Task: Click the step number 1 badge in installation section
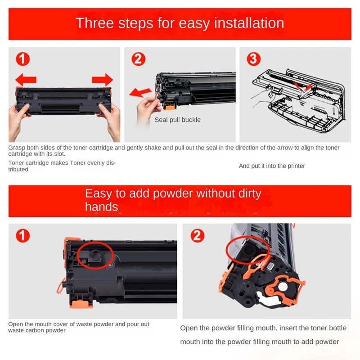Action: (23, 59)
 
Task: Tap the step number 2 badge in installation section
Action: (139, 59)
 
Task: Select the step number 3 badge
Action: (254, 59)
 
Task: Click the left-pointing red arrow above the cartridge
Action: (26, 80)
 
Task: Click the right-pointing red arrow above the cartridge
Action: (103, 80)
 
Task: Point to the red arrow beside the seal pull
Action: (140, 92)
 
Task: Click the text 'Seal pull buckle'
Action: (177, 120)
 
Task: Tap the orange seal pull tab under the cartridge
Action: (170, 106)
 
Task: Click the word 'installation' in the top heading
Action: (249, 23)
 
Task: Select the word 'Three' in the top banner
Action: (94, 23)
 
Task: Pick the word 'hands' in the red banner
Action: (102, 207)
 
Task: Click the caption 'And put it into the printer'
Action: (272, 166)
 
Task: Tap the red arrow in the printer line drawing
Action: (303, 86)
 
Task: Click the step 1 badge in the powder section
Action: (23, 235)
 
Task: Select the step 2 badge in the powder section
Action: (198, 235)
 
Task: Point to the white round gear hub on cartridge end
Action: (283, 287)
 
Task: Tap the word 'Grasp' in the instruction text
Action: (17, 148)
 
